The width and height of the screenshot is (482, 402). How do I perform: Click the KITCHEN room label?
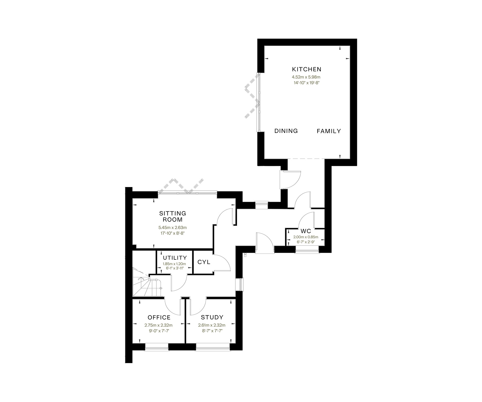307,69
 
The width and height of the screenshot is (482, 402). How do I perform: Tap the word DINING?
286,131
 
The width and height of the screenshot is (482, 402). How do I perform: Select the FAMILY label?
329,131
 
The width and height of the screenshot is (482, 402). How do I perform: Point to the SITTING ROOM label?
173,216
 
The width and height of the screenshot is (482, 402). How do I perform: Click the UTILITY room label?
175,258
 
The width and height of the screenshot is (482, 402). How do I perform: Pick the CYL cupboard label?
204,262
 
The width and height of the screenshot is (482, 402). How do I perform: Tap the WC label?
306,231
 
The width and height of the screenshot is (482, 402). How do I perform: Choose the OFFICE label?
159,317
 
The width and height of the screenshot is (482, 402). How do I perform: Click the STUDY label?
212,317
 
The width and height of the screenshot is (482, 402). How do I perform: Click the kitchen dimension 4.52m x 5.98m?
306,77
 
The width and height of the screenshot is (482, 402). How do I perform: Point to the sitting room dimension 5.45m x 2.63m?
172,228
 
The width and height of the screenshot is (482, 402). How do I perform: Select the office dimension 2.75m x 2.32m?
159,325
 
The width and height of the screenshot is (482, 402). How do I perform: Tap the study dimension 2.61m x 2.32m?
212,325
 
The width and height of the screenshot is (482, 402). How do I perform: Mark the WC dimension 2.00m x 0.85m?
306,237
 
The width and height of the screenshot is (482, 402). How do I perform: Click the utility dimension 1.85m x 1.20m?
174,264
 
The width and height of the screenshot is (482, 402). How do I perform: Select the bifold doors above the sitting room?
187,186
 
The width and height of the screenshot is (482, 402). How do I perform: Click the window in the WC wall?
307,251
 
